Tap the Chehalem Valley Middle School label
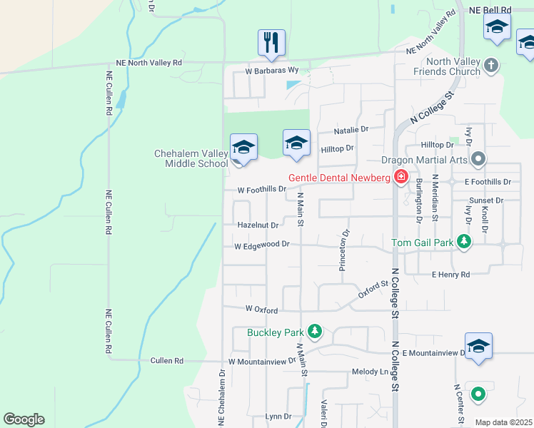191,158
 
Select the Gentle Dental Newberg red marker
400,178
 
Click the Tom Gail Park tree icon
464,243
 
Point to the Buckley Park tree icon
314,332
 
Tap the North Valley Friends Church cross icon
490,66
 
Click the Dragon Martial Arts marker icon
478,160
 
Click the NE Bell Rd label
490,10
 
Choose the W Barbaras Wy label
271,71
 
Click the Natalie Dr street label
351,130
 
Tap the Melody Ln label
370,372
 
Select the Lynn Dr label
278,416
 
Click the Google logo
24,419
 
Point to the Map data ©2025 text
503,422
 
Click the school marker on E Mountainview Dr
478,346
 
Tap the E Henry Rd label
450,275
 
